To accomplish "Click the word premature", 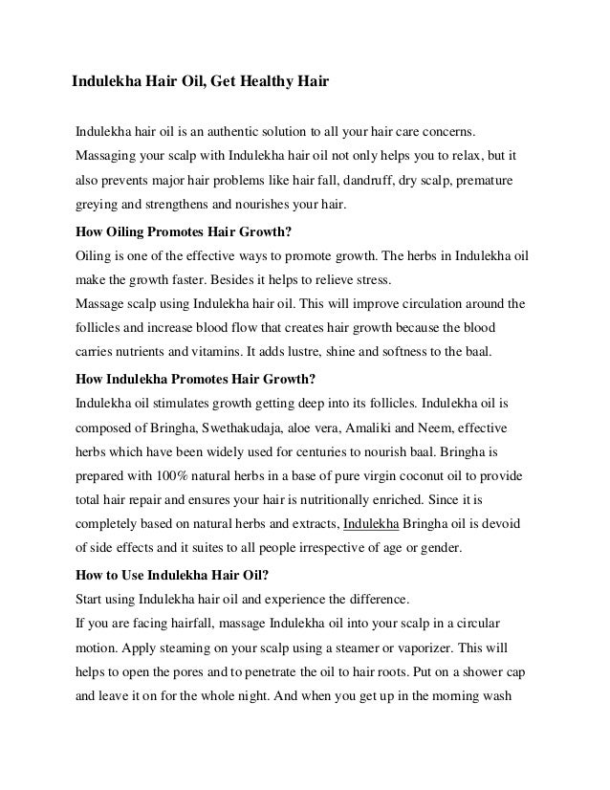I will pos(485,179).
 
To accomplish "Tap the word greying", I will pos(97,204).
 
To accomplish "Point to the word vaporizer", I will pos(427,649).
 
